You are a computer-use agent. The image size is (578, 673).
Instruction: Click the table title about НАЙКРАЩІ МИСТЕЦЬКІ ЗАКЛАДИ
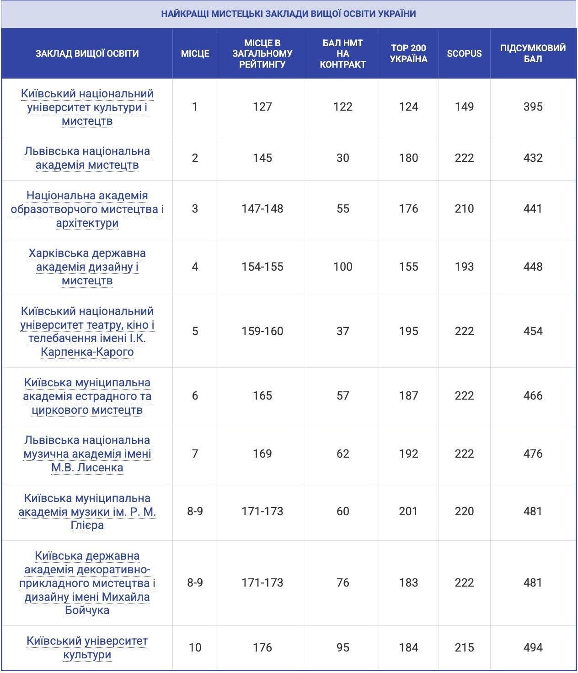coord(289,14)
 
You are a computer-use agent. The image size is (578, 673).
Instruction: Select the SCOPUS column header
coord(464,53)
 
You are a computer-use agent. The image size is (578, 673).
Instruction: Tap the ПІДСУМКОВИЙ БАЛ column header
coord(533,53)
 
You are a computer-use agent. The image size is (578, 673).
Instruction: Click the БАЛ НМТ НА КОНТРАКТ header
coord(343,53)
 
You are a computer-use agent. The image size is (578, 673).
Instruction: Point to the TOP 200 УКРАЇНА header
coord(408,53)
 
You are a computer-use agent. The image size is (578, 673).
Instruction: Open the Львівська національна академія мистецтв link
coord(87,158)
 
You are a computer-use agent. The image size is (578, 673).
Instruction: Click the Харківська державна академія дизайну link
coord(87,267)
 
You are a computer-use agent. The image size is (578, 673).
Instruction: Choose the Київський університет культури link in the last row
coord(87,647)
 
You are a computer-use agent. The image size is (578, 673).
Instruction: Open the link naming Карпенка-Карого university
coord(87,331)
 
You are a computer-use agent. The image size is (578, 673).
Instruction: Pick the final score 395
coord(533,107)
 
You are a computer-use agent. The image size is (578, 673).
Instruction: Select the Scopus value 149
coord(464,107)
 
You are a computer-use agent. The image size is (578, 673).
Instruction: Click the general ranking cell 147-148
coord(262,208)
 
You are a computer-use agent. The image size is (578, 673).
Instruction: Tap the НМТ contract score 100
coord(343,267)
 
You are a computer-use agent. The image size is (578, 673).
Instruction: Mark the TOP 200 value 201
coord(408,511)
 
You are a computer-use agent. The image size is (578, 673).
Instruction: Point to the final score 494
coord(533,647)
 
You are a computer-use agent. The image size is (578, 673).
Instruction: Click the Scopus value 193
coord(464,267)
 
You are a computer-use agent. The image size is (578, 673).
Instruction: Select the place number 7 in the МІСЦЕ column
coord(195,454)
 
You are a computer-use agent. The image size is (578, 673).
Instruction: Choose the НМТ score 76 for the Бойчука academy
coord(343,582)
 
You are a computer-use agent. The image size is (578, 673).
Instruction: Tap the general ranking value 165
coord(262,395)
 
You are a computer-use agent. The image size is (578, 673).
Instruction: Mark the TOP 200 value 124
coord(408,107)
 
